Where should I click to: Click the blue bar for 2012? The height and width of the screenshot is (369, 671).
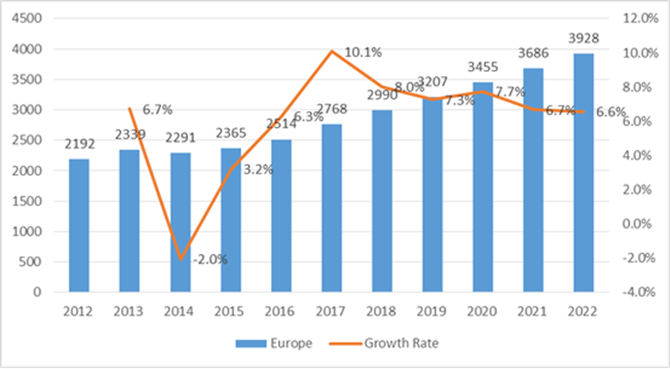(79, 225)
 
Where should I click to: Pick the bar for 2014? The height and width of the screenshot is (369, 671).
(180, 222)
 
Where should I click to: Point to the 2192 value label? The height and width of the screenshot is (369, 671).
(79, 144)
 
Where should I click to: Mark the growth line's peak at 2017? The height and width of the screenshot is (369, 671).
(332, 51)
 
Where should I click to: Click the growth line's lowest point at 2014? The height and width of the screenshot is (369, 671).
(180, 258)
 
